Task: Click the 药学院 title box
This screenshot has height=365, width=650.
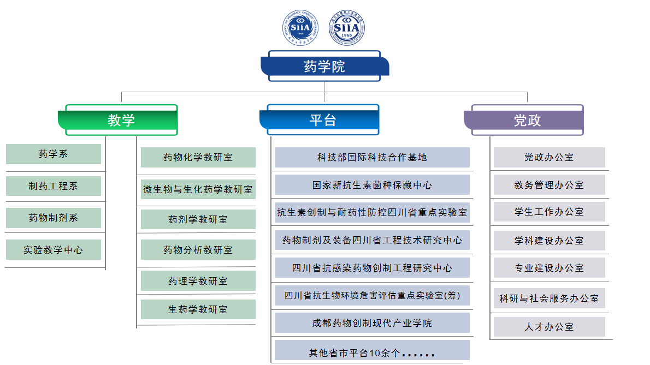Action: pos(324,66)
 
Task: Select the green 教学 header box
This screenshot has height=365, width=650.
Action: pos(121,120)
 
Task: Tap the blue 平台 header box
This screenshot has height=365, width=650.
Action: pos(323,120)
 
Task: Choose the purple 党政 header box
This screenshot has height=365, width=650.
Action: pos(527,120)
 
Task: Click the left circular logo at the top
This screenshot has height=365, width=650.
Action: pos(300,27)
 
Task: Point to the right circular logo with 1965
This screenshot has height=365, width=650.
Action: pos(346,27)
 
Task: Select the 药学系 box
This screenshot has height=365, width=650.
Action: pos(54,154)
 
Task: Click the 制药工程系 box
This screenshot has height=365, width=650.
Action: pos(54,186)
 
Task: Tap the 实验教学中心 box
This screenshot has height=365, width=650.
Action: pos(54,250)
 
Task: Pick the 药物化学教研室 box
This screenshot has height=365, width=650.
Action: pos(198,157)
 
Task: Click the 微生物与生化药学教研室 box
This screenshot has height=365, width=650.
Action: pos(198,189)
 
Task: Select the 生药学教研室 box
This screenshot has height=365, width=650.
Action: pos(198,309)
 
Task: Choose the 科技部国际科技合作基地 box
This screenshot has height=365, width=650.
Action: pos(372,157)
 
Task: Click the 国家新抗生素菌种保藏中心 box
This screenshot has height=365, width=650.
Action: pos(372,185)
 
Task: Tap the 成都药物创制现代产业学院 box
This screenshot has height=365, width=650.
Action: pos(372,323)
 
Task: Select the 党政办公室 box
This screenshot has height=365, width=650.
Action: pos(549,157)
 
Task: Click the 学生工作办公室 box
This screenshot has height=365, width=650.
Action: pos(549,212)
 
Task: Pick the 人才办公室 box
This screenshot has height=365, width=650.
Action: pos(549,327)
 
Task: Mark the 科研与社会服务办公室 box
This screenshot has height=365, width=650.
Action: pos(549,298)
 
